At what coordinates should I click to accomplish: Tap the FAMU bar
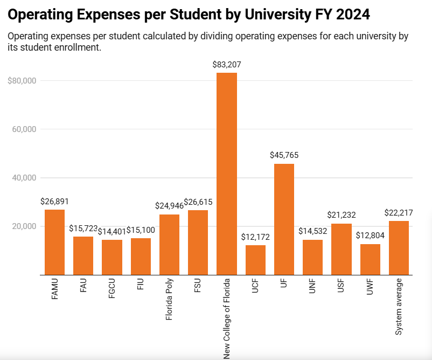[x=54, y=242]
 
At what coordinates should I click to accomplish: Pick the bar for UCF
[x=255, y=260]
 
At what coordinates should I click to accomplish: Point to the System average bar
[x=399, y=248]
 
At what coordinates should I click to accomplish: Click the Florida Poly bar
[x=169, y=245]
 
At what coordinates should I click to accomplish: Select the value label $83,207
[x=227, y=65]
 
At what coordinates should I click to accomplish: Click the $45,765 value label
[x=284, y=155]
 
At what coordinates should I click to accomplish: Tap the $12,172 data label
[x=255, y=237]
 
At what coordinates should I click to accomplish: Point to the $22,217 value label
[x=399, y=213]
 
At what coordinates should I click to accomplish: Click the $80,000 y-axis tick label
[x=22, y=81]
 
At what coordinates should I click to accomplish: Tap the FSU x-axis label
[x=198, y=287]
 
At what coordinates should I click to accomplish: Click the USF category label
[x=342, y=287]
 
